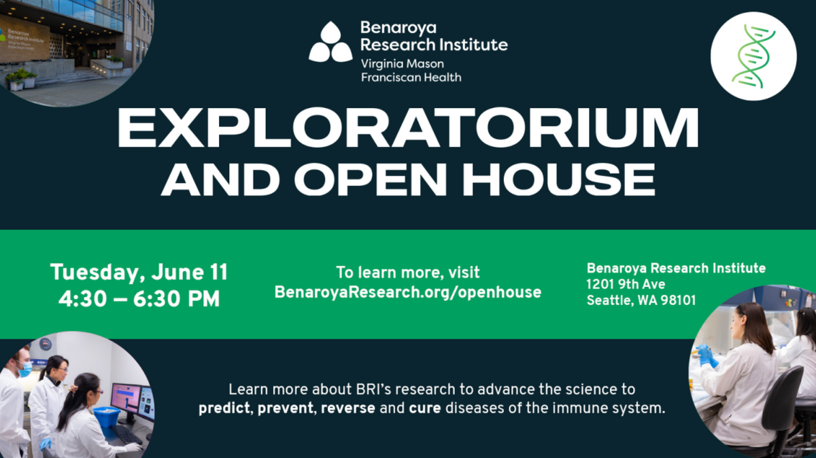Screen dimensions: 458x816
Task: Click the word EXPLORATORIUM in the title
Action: [x=408, y=128]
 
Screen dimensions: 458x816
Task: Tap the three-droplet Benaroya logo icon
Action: [x=330, y=43]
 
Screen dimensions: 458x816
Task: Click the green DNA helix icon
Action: [x=753, y=56]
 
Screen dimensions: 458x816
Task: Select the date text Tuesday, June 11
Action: [x=139, y=273]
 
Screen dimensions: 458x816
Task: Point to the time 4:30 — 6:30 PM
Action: [x=139, y=299]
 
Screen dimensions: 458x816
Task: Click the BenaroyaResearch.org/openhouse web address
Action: [x=408, y=292]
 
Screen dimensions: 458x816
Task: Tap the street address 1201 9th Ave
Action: [x=626, y=284]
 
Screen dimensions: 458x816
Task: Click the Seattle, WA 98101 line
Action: [x=641, y=300]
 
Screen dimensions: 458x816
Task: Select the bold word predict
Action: [x=226, y=410]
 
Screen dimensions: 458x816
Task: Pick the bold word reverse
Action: [x=348, y=410]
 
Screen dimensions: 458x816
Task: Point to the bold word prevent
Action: [x=286, y=410]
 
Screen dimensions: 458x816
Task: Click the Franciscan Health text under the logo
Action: [x=410, y=77]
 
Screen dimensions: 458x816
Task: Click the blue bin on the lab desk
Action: [x=107, y=417]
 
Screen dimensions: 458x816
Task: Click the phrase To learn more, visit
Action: [x=408, y=272]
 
